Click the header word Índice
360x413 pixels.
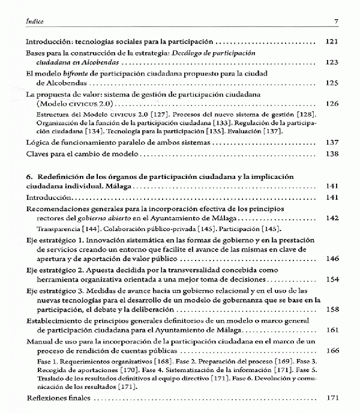(x=28, y=23)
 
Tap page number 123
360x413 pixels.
(x=332, y=62)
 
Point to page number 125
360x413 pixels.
(x=332, y=82)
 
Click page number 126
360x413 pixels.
(x=332, y=103)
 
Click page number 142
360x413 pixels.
(x=332, y=219)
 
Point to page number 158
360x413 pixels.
(x=332, y=310)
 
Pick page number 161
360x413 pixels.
(x=332, y=330)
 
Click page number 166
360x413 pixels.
(x=332, y=351)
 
